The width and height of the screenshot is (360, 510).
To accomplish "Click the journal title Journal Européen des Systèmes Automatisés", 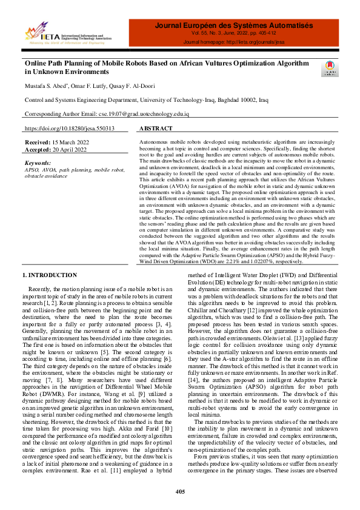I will [x=234, y=25].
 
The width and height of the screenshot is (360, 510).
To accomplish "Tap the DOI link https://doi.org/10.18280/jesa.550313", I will [x=69, y=129].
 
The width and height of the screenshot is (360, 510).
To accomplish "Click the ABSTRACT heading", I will [x=158, y=129].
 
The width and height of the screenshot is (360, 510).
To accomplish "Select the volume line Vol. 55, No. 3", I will [x=234, y=35].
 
